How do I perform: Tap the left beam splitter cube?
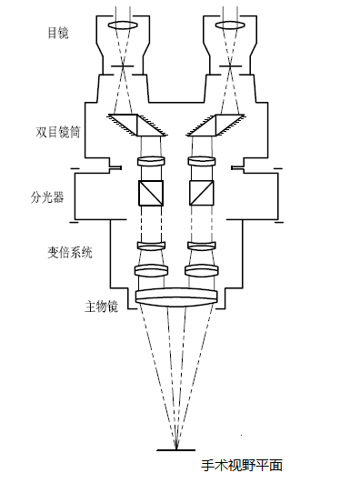click(151, 193)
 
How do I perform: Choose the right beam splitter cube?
click(201, 193)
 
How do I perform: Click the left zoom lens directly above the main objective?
click(151, 270)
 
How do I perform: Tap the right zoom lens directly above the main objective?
click(201, 270)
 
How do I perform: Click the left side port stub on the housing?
click(116, 166)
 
